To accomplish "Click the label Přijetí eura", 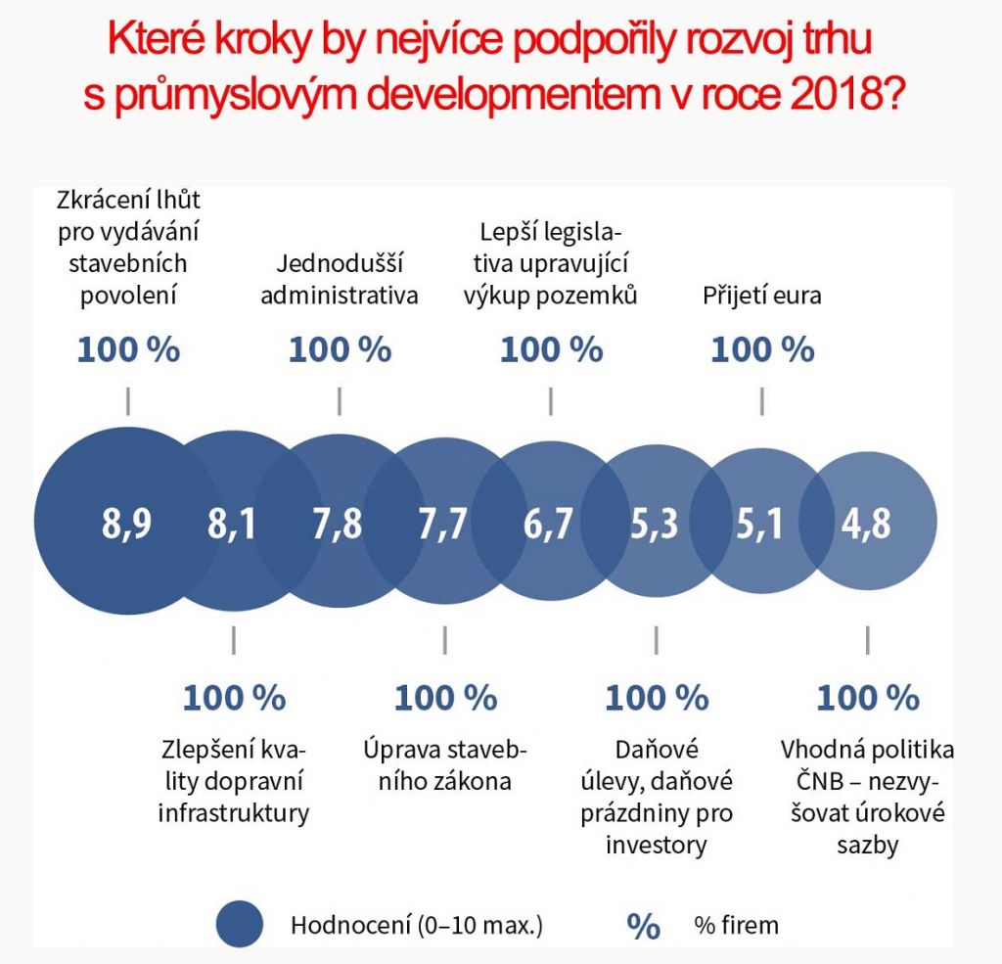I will [x=761, y=295].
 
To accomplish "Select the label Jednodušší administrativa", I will [x=340, y=279].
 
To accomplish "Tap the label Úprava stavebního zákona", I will [x=444, y=765].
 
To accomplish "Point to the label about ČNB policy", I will [x=867, y=798].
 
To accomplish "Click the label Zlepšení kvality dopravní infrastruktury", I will [x=233, y=781].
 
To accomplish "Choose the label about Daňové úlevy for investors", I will [x=656, y=798].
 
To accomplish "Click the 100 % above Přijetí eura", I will [x=762, y=349].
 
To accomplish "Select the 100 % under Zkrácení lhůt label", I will [x=128, y=349].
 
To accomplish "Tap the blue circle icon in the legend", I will [x=240, y=924].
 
